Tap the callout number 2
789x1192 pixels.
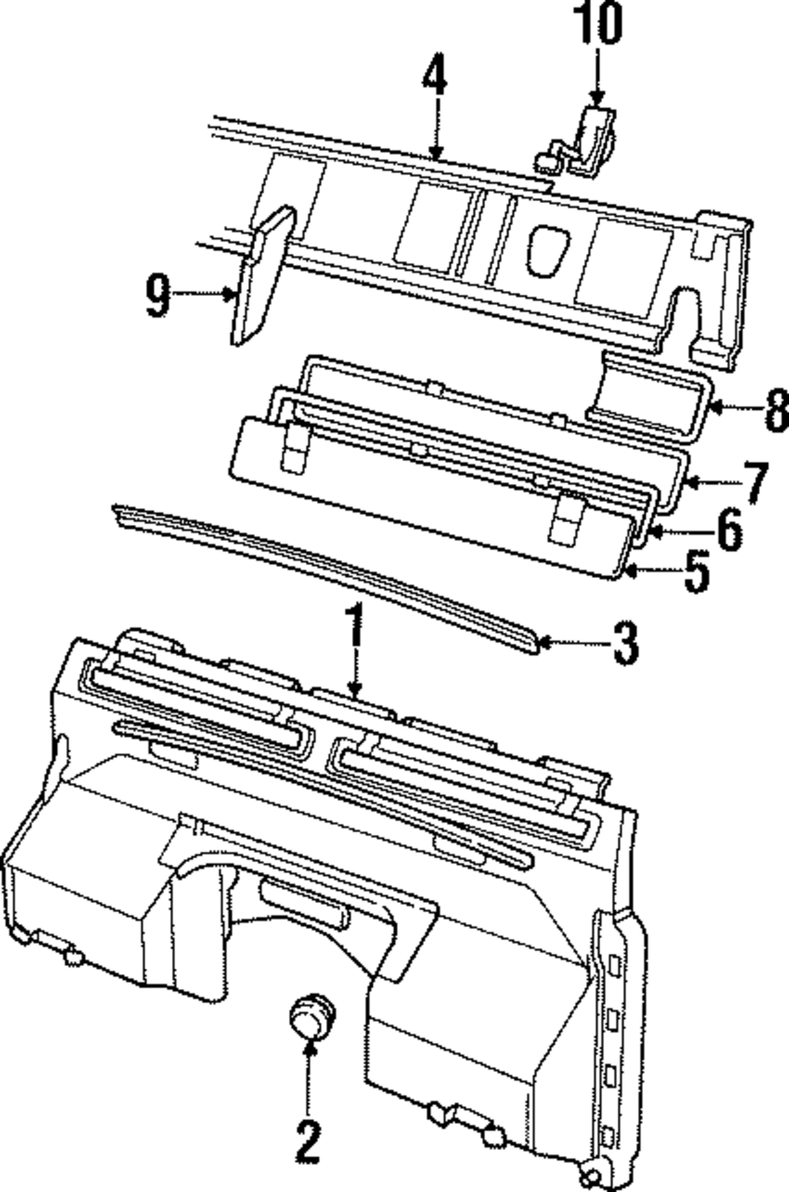(x=308, y=1142)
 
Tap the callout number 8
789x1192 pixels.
(x=774, y=409)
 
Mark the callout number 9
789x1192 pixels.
(x=159, y=296)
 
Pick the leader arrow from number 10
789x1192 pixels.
(x=597, y=75)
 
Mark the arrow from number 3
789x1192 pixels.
(x=572, y=643)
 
